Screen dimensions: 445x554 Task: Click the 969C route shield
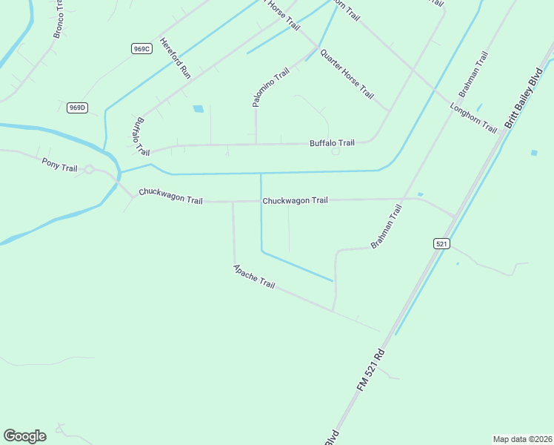pos(141,48)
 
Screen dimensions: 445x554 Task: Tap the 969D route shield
pos(77,108)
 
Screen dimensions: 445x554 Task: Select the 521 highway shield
pos(441,243)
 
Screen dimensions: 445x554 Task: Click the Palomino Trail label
pos(270,88)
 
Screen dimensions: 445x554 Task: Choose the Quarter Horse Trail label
pos(346,74)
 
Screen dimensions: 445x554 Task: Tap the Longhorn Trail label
pos(473,117)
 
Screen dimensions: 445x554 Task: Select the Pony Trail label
pos(59,165)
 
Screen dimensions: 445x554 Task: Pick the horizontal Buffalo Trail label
pos(332,142)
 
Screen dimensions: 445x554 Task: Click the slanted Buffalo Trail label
pos(142,136)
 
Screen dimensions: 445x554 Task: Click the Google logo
pos(24,435)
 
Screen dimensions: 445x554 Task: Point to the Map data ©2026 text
pos(522,438)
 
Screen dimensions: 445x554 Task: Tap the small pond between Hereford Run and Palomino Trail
pos(198,109)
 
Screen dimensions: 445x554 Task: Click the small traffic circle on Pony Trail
pos(88,170)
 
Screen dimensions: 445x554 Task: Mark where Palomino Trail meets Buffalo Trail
pos(256,144)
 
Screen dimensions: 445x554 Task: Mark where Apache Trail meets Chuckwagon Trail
pos(233,201)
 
